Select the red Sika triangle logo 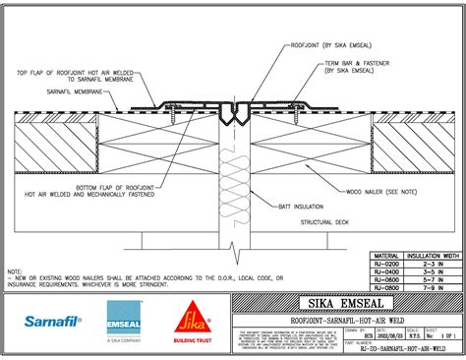point(189,317)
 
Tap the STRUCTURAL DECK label point(324,223)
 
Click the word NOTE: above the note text point(15,270)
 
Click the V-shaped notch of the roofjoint point(230,122)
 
